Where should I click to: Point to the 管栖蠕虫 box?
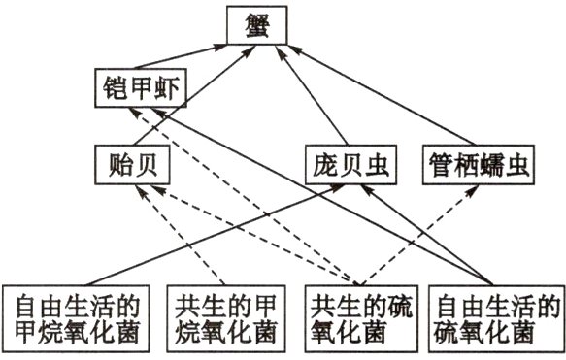point(479,165)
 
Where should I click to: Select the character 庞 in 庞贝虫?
point(325,165)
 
